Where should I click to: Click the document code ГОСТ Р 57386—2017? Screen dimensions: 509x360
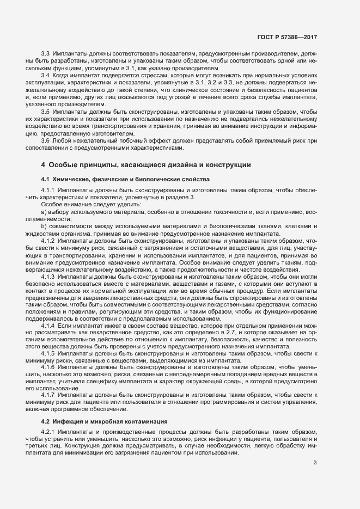pos(287,36)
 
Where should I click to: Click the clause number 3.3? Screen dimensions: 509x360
pos(46,55)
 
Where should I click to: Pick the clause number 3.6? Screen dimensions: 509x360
pos(46,140)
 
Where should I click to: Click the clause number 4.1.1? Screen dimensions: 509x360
pos(48,191)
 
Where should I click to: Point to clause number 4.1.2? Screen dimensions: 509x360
pos(48,241)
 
